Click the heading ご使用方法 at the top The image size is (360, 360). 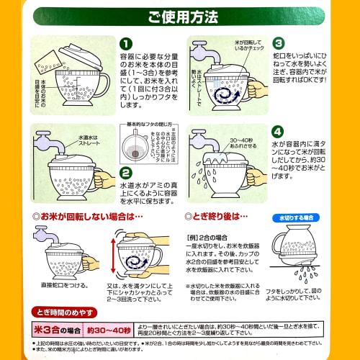pyautogui.click(x=180, y=17)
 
